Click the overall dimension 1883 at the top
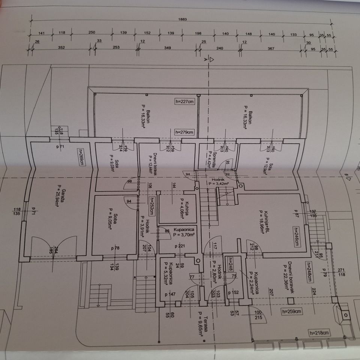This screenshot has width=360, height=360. pyautogui.click(x=183, y=19)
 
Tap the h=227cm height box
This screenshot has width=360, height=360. pyautogui.click(x=185, y=101)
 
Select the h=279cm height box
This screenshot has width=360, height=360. pyautogui.click(x=185, y=132)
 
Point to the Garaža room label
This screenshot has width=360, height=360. pyautogui.click(x=57, y=195)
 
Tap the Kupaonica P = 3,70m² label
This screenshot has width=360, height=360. pyautogui.click(x=178, y=232)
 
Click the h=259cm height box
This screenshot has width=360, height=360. pyautogui.click(x=292, y=311)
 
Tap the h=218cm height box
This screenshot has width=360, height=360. pyautogui.click(x=319, y=333)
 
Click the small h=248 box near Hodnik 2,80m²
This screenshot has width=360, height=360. pyautogui.click(x=230, y=263)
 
